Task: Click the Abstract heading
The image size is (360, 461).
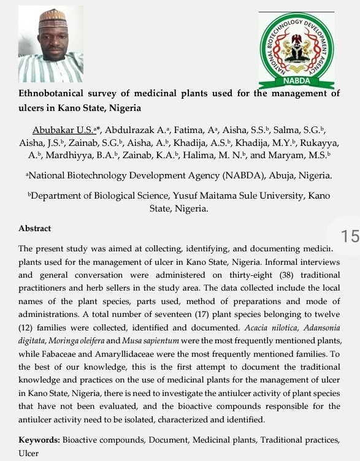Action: (x=35, y=229)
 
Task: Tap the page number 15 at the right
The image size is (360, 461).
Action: (x=348, y=237)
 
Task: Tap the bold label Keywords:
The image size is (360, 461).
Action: (x=39, y=440)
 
